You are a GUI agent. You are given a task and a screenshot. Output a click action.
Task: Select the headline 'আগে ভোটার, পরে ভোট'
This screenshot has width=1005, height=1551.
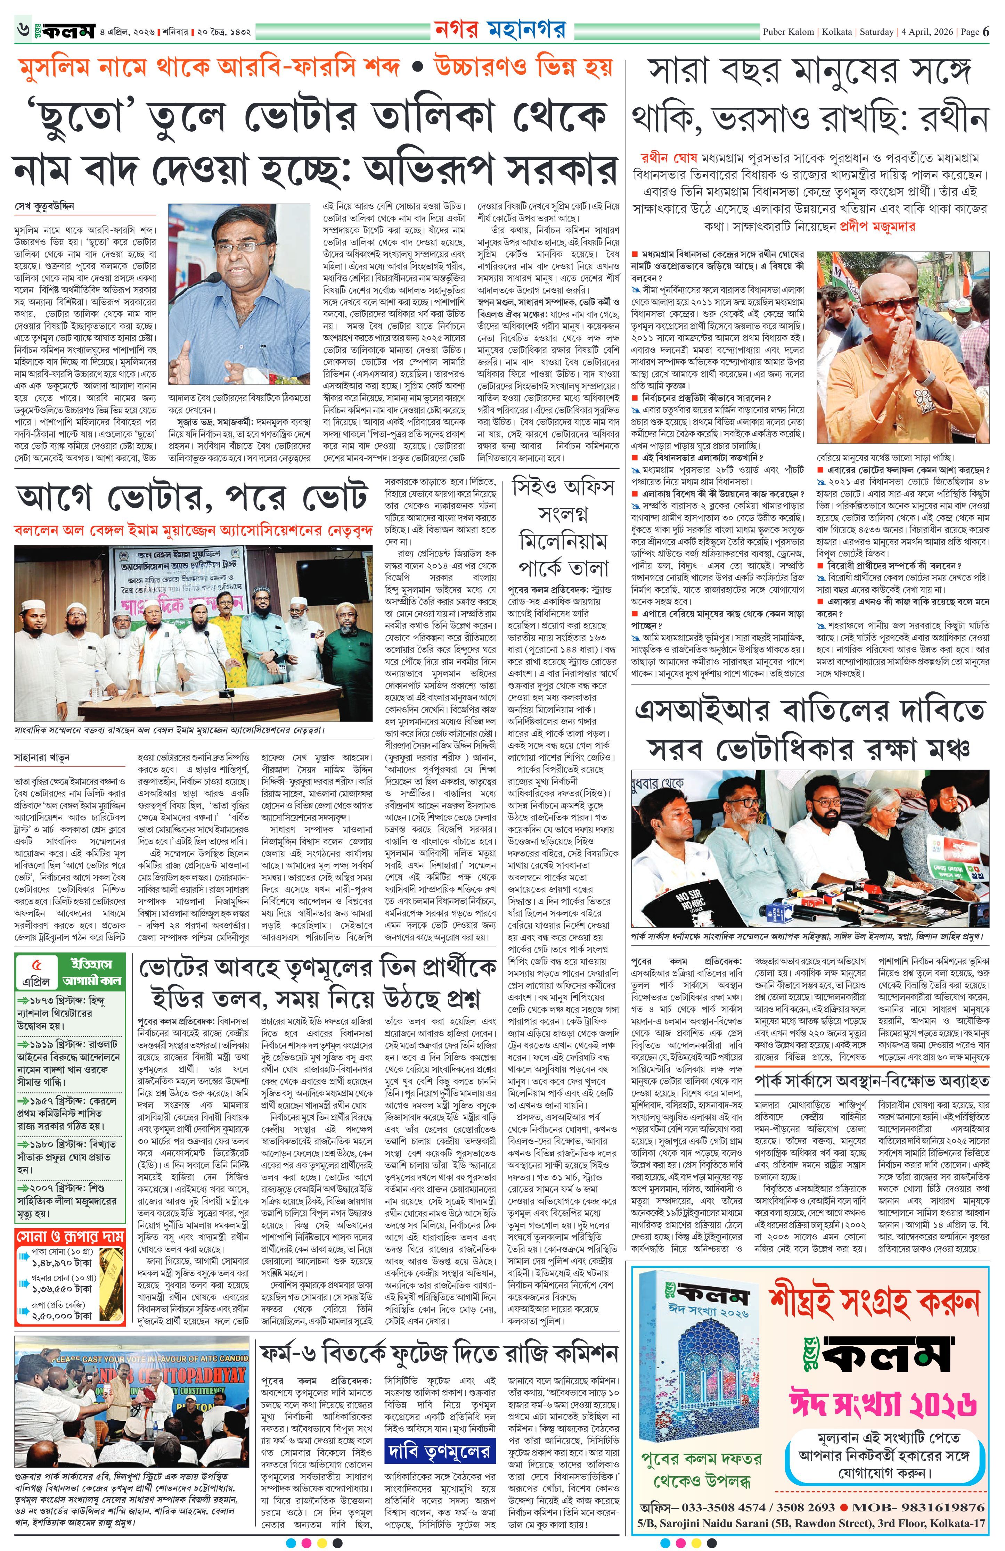point(191,500)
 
